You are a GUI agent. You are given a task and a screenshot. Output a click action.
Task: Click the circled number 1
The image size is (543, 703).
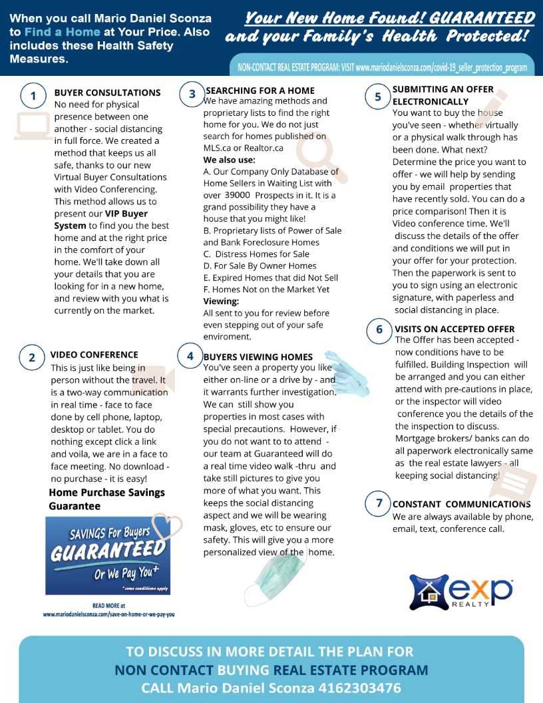[x=33, y=96]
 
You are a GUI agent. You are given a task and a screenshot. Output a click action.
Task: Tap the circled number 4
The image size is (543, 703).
[x=190, y=356]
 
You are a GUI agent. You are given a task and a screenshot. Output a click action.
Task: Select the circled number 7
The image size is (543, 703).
[x=379, y=503]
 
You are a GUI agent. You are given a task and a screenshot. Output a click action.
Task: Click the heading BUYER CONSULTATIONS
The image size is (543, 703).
[x=107, y=93]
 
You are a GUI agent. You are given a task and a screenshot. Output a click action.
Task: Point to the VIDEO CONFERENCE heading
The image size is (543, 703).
[x=94, y=355]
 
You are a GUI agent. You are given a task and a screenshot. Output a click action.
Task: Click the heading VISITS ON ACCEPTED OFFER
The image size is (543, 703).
[x=454, y=329]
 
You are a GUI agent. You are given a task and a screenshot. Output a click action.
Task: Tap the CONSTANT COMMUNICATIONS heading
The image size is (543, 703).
[x=461, y=504]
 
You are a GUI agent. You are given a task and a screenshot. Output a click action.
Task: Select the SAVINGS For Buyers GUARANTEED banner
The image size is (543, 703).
[x=106, y=555]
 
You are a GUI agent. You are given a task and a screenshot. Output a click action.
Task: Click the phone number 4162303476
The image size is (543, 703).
[x=360, y=688]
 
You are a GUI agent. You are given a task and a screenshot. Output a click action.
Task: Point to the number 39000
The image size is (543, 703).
[x=237, y=195]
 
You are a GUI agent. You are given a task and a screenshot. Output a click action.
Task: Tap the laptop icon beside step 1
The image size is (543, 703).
[x=33, y=126]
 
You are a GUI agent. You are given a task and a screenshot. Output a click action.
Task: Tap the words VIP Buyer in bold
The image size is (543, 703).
[x=126, y=214]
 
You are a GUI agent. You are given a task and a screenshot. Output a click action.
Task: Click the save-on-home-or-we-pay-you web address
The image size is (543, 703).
[x=108, y=614]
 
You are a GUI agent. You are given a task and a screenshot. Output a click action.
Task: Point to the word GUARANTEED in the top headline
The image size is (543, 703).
[x=482, y=17]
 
